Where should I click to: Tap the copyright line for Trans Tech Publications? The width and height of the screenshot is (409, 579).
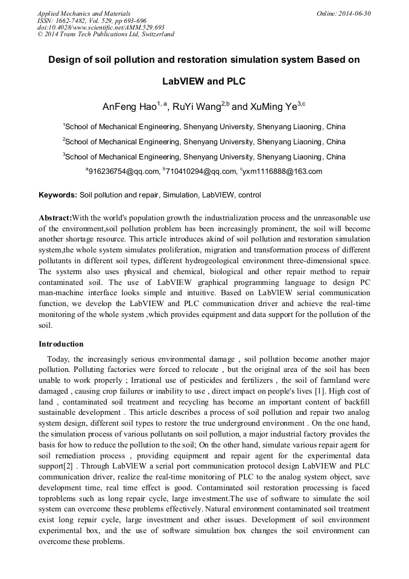pyautogui.click(x=106, y=34)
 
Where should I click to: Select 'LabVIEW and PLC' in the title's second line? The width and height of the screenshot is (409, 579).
pyautogui.click(x=204, y=81)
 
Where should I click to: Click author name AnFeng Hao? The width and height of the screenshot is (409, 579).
pyautogui.click(x=129, y=107)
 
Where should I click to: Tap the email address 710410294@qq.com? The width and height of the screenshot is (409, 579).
pyautogui.click(x=201, y=171)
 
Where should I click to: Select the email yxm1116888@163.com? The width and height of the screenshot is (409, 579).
pyautogui.click(x=282, y=171)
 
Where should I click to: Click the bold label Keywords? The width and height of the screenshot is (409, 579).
pyautogui.click(x=58, y=195)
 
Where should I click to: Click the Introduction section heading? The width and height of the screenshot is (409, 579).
pyautogui.click(x=61, y=344)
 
